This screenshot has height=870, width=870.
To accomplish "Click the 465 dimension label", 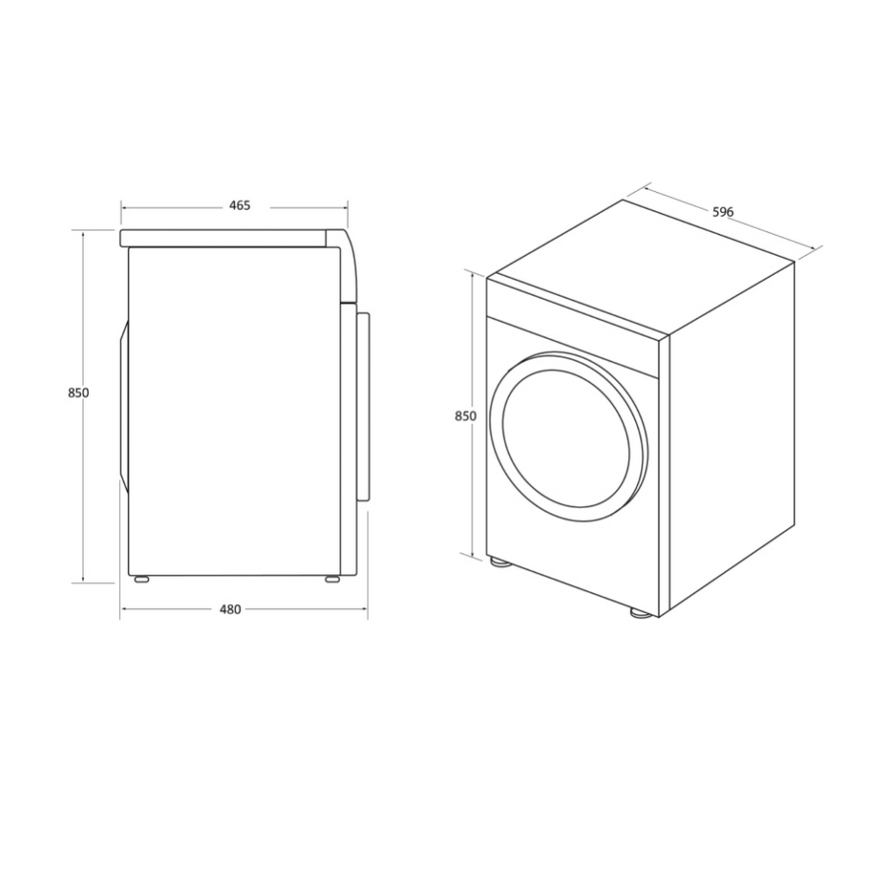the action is pyautogui.click(x=239, y=205).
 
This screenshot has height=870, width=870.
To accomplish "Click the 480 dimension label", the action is pyautogui.click(x=231, y=610).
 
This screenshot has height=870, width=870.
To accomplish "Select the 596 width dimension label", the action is pyautogui.click(x=723, y=212).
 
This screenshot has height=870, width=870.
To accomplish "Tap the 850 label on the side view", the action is pyautogui.click(x=78, y=393).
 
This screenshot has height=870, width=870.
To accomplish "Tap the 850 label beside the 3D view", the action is pyautogui.click(x=465, y=416).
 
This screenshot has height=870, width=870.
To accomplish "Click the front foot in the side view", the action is pyautogui.click(x=332, y=579).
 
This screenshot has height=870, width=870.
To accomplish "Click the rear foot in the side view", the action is pyautogui.click(x=141, y=579).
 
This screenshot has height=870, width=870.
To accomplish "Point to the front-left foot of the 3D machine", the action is pyautogui.click(x=501, y=563).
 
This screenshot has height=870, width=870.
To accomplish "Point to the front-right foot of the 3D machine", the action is pyautogui.click(x=639, y=613).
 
